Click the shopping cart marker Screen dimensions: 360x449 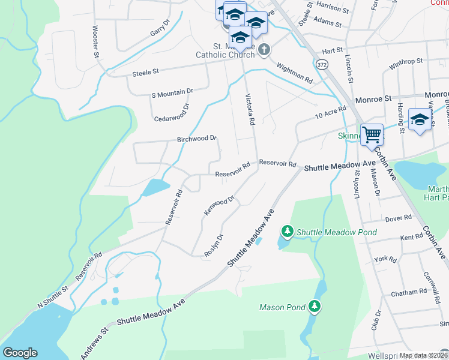pyautogui.click(x=372, y=134)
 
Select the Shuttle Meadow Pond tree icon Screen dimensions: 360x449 pyautogui.click(x=288, y=231)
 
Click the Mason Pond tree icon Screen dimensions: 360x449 pyautogui.click(x=315, y=307)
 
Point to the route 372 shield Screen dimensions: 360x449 pyautogui.click(x=323, y=64)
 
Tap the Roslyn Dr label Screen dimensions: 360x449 pyautogui.click(x=214, y=245)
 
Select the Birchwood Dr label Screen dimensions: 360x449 pyautogui.click(x=196, y=139)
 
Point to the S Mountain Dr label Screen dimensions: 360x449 pyautogui.click(x=172, y=92)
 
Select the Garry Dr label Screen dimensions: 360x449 pyautogui.click(x=161, y=32)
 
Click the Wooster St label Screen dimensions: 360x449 pyautogui.click(x=95, y=41)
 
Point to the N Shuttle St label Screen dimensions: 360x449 pyautogui.click(x=53, y=297)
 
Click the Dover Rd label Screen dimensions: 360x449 pyautogui.click(x=399, y=218)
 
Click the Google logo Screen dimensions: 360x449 pyautogui.click(x=20, y=353)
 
